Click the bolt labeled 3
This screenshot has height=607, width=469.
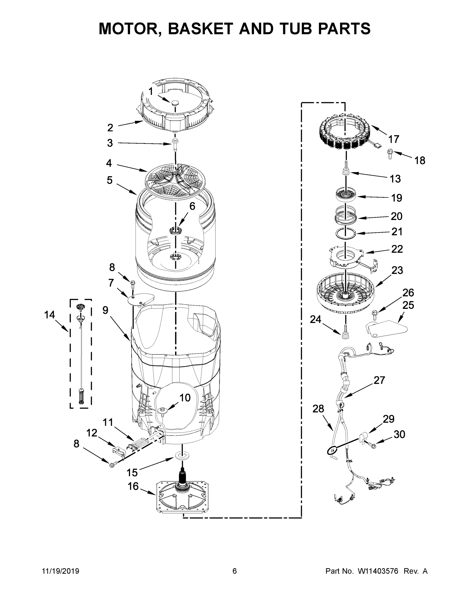tap(175, 144)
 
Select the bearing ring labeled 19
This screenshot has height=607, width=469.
tap(346, 194)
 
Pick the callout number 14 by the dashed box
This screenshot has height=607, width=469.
tap(50, 315)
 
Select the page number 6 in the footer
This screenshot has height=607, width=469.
tap(235, 571)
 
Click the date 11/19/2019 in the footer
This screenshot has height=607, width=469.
tap(61, 571)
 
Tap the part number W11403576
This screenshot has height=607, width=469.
tap(378, 571)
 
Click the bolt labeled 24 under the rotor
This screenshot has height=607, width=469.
tap(346, 332)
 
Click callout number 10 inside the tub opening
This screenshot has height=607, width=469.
tap(185, 398)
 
